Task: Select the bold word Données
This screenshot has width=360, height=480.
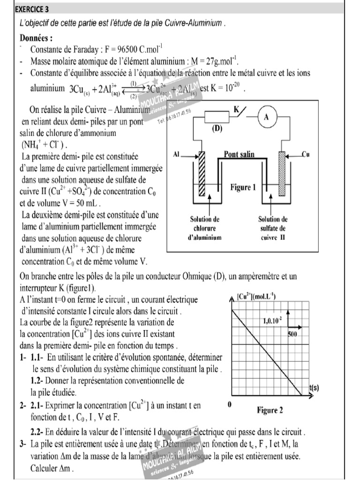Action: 36,38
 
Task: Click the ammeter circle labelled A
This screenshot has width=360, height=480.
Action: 266,118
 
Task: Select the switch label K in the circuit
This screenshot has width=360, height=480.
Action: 237,109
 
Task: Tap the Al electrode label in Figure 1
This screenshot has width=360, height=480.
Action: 177,154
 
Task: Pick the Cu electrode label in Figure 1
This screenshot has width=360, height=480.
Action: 306,154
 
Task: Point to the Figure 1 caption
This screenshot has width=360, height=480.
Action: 243,187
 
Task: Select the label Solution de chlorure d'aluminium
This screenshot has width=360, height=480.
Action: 204,228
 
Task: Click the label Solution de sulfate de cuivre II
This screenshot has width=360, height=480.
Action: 273,228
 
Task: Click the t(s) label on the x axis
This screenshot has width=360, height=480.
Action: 314,388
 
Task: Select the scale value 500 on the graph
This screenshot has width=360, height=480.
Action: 292,334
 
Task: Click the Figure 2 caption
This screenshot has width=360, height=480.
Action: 270,411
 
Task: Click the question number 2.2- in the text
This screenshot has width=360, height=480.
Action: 39,431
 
